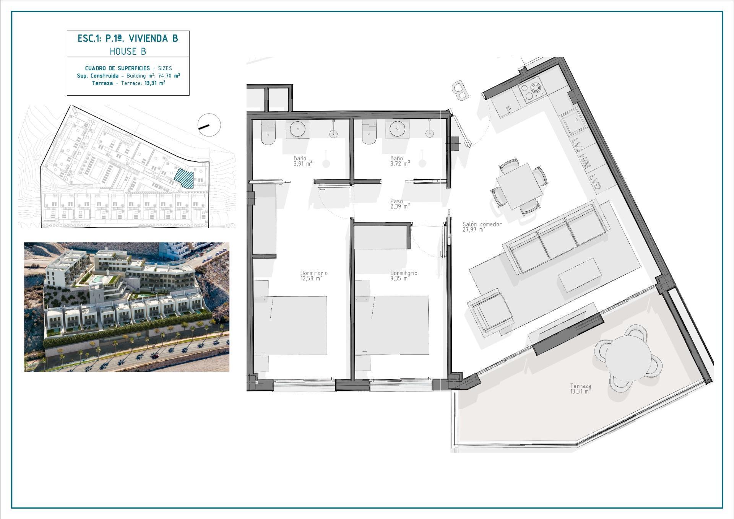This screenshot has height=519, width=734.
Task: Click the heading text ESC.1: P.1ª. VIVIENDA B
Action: click(128, 39)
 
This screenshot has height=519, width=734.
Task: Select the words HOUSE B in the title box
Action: click(128, 51)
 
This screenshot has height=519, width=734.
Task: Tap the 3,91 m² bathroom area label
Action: click(303, 163)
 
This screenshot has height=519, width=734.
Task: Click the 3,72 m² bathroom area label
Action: click(400, 163)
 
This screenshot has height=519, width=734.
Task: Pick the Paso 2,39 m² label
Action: click(400, 203)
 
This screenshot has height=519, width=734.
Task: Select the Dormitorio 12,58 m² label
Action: click(314, 276)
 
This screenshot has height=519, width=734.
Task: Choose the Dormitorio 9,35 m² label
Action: click(403, 276)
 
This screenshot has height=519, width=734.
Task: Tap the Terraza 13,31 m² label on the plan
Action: click(581, 389)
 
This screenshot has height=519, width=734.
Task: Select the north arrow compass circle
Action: click(209, 125)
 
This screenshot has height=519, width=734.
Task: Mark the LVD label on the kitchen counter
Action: click(595, 182)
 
